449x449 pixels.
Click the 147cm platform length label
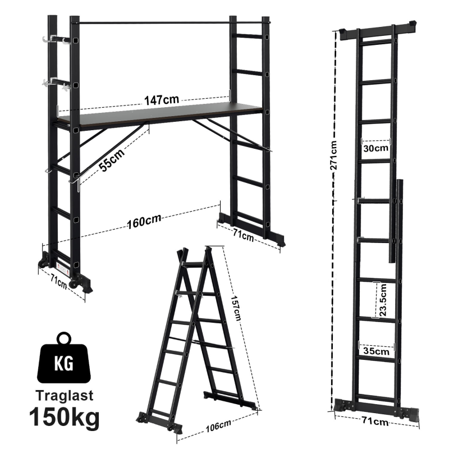[162, 100]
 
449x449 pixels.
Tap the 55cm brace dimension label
[109, 158]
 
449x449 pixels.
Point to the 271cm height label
[335, 163]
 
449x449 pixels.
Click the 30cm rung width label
[375, 148]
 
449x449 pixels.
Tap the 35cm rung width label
[375, 351]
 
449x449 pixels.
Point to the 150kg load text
[65, 418]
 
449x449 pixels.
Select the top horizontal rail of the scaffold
[154, 23]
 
